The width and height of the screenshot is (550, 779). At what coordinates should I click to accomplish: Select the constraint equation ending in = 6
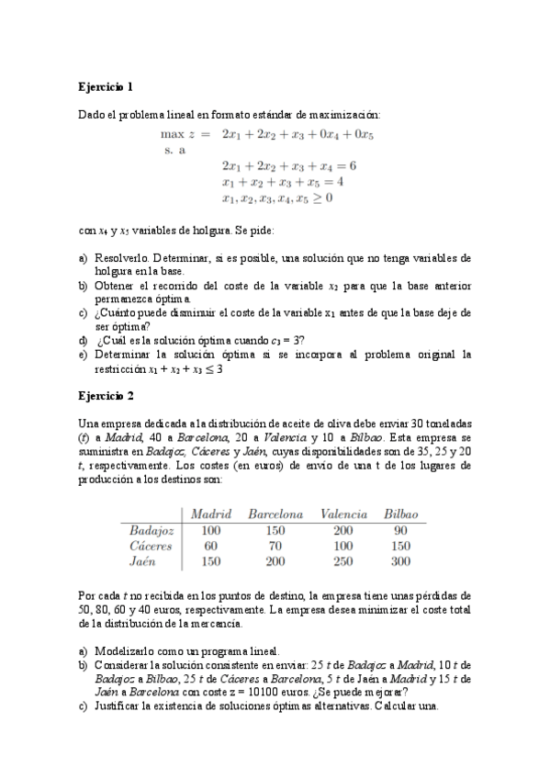(288, 166)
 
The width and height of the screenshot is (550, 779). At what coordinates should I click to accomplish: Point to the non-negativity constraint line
(276, 198)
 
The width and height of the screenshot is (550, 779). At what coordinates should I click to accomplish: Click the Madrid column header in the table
(210, 514)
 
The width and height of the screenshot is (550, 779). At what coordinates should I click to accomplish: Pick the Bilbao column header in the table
(400, 514)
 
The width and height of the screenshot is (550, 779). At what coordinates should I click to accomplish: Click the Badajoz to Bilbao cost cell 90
(399, 530)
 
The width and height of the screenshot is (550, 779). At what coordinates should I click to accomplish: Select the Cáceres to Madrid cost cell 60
(210, 546)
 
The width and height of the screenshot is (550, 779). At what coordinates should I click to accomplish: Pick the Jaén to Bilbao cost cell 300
(399, 561)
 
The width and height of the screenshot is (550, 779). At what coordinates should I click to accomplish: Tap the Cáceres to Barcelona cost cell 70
(275, 546)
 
